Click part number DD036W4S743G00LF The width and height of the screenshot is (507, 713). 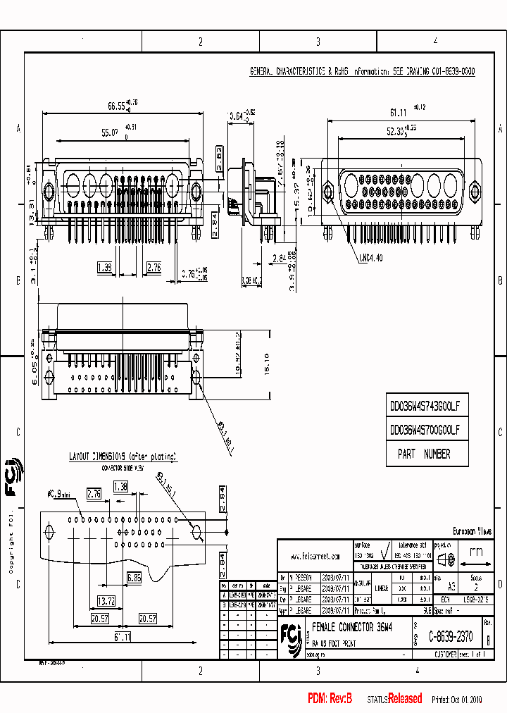[425, 407]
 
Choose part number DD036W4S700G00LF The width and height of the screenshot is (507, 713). [425, 429]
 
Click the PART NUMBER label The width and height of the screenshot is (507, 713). [424, 454]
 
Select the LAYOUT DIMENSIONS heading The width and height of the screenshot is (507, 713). [123, 457]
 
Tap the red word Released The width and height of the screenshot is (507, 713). [405, 699]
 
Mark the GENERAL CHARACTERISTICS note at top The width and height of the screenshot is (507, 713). [363, 72]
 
